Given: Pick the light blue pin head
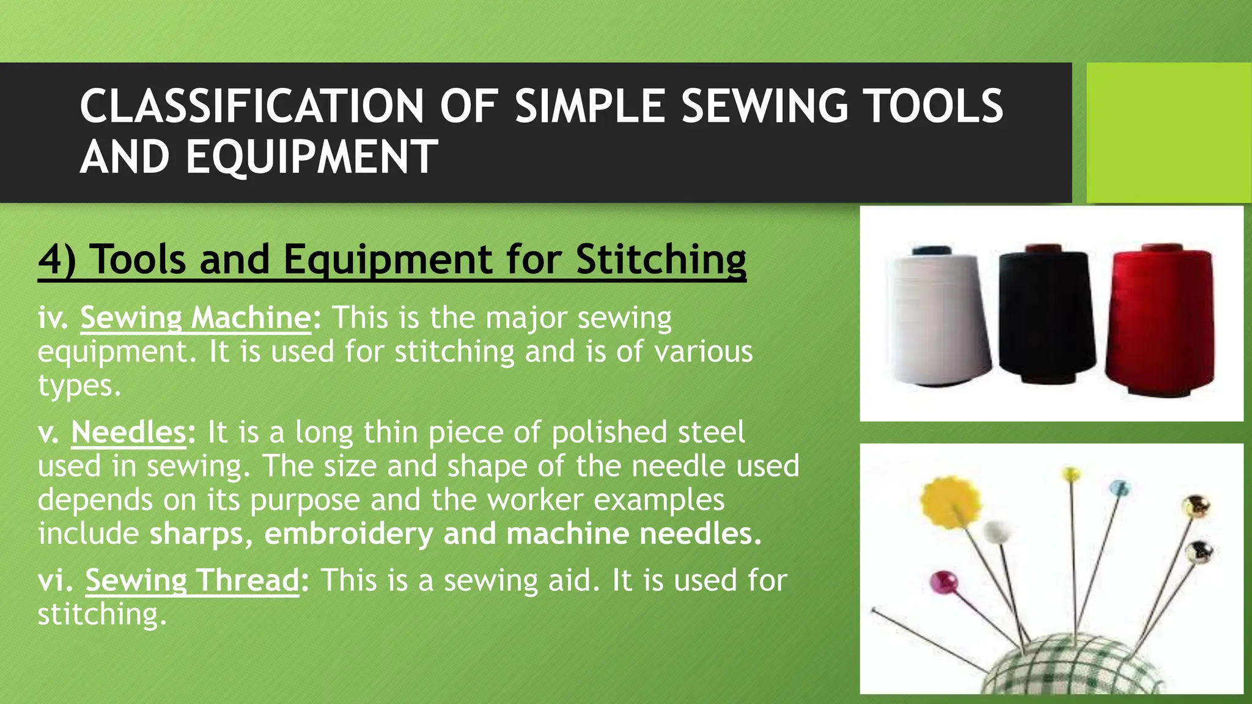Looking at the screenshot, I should click(1119, 488).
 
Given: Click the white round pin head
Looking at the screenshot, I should click(997, 532).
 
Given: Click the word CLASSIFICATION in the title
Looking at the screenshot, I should click(251, 106).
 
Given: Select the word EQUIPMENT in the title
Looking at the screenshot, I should click(312, 157).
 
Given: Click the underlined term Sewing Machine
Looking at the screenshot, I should click(196, 318).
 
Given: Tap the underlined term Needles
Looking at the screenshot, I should click(128, 432).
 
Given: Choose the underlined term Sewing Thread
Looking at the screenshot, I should click(192, 580).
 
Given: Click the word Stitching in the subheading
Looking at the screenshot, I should click(660, 259).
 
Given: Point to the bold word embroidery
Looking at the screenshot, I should click(348, 533).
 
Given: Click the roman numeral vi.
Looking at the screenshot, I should click(55, 581).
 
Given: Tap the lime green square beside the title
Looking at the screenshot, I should click(1168, 133).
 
